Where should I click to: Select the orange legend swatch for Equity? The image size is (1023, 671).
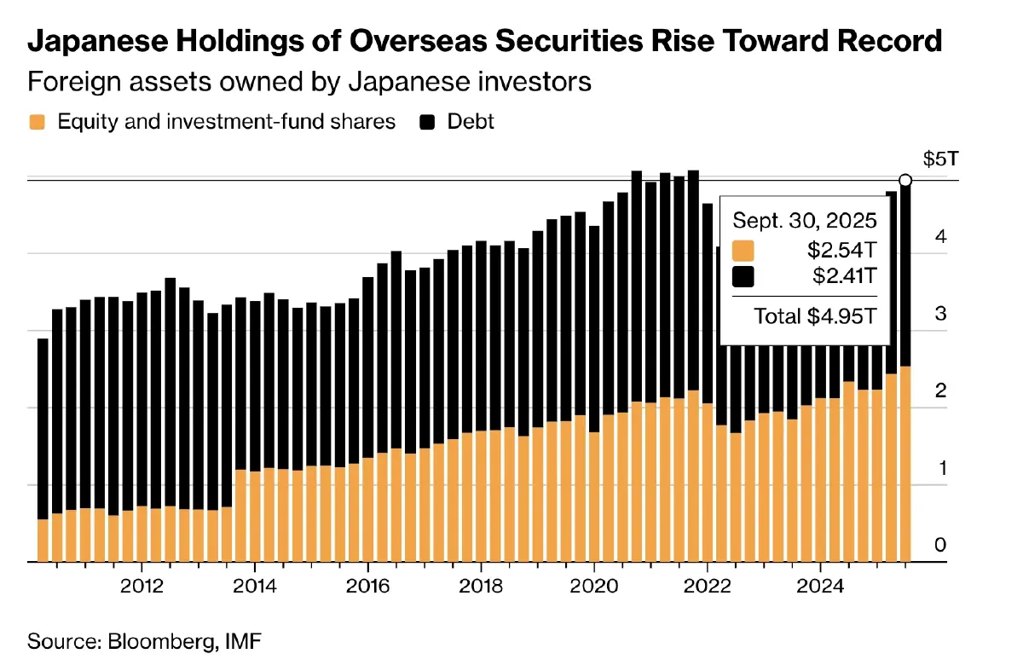37,122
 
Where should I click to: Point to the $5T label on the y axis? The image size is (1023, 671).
939,159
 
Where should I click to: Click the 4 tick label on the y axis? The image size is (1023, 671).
940,236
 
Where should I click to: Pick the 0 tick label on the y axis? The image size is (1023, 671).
940,545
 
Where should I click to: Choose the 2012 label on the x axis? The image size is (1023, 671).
142,587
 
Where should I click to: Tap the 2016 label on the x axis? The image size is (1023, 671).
368,587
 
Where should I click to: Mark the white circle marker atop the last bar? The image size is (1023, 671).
905,180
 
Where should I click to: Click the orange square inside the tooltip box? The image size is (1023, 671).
744,252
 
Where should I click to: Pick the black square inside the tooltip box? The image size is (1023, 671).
744,276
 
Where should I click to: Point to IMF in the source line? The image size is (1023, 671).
240,641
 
